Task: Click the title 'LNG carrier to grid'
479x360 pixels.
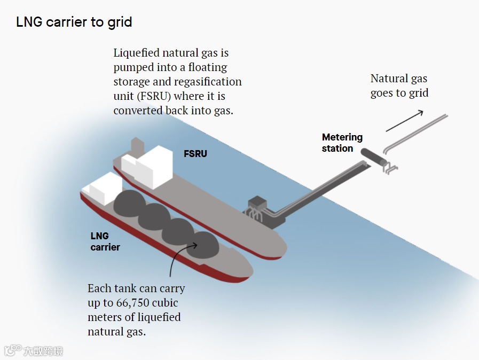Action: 74,22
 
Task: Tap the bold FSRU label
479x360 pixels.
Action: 195,154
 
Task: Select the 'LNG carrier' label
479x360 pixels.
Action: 105,241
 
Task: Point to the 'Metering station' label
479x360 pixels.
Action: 342,143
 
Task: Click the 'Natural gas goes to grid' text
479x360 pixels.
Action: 399,85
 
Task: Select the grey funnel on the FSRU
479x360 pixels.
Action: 137,145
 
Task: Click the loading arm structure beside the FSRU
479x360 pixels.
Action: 258,209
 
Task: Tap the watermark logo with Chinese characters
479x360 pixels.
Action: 33,351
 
